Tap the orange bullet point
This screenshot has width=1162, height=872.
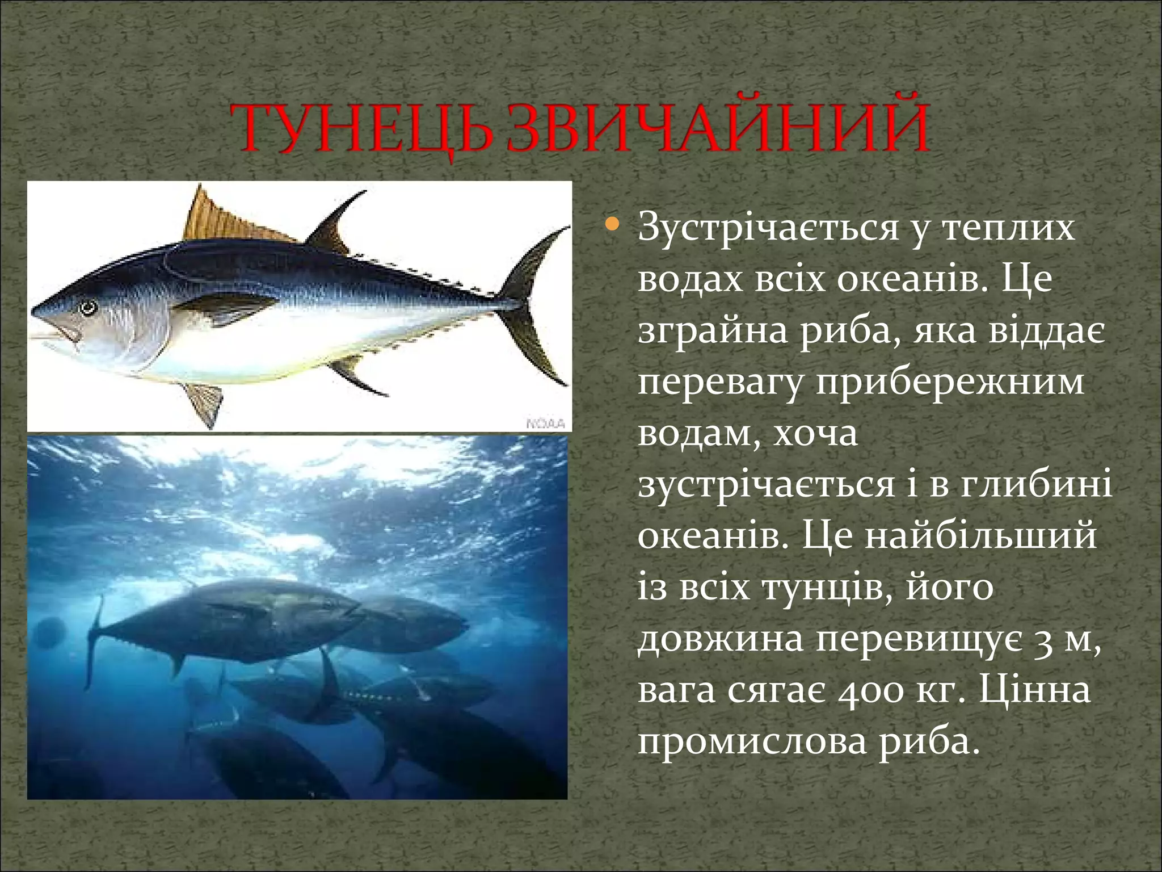[x=611, y=226]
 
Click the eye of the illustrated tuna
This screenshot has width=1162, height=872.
[x=89, y=308]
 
